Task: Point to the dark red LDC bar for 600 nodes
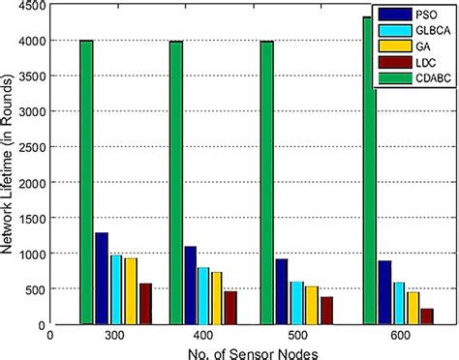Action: pyautogui.click(x=427, y=315)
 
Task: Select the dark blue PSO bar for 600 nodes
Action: pyautogui.click(x=384, y=291)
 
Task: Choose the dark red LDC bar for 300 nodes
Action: pyautogui.click(x=145, y=303)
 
